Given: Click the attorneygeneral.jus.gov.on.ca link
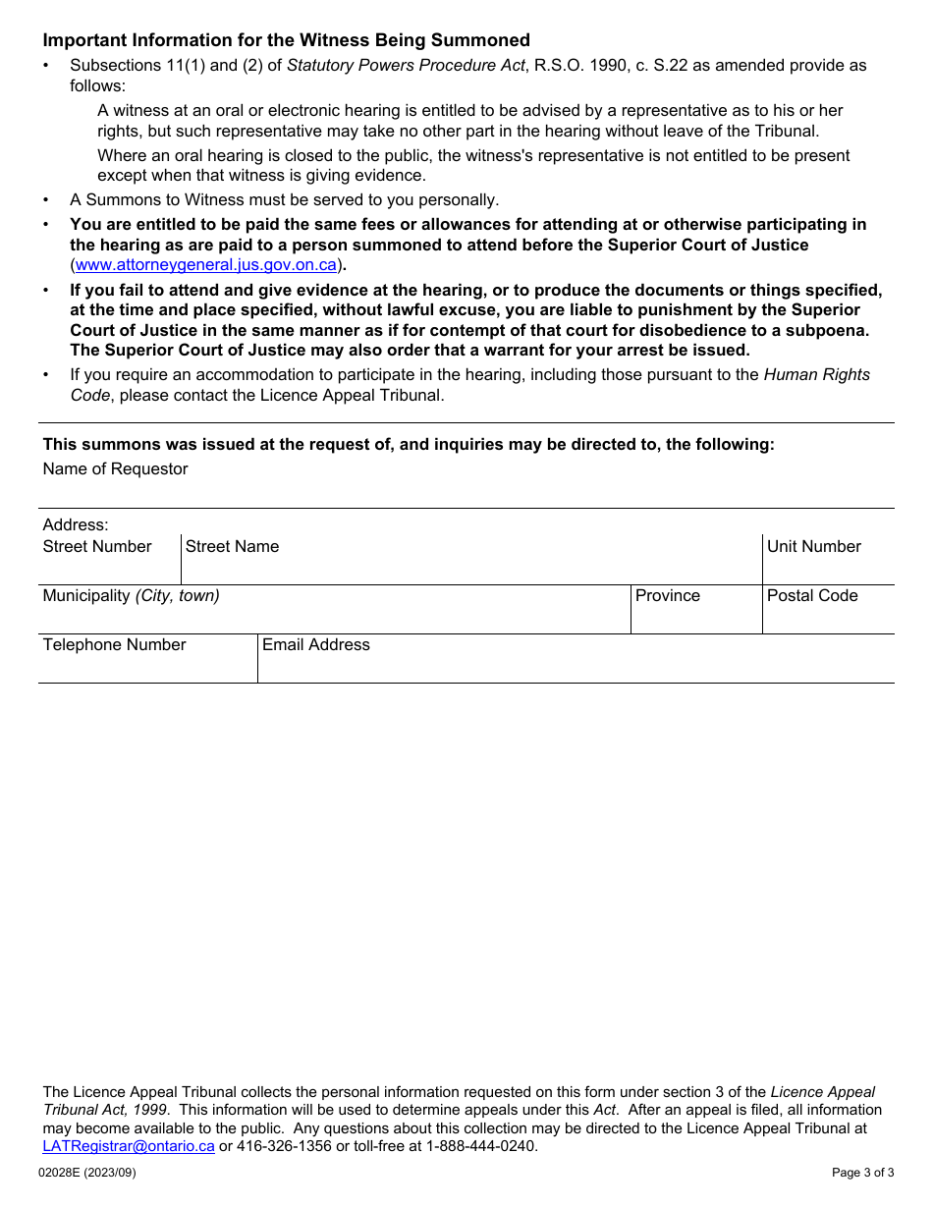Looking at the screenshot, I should tap(206, 265).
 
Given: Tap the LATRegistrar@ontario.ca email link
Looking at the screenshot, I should tap(129, 1146).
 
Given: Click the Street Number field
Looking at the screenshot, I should tap(109, 567).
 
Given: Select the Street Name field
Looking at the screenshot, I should tap(471, 567).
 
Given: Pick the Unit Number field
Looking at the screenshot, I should tap(828, 567).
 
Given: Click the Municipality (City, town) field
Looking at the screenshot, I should tap(334, 616).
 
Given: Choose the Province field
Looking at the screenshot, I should tap(696, 616).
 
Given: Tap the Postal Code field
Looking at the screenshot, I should tap(828, 616).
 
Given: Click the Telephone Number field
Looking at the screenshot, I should tap(147, 665).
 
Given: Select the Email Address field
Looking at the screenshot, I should tap(576, 665).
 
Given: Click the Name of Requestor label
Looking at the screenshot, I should tap(115, 469).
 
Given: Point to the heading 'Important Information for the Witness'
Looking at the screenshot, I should tap(286, 40).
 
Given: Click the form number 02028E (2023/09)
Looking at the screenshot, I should tap(87, 1173).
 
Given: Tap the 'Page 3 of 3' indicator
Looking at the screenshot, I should tap(862, 1173).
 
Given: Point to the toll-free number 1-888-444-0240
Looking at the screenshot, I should tap(481, 1146).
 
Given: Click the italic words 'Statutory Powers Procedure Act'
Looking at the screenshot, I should tap(406, 66).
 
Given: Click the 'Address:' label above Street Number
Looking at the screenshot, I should tap(76, 525).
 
